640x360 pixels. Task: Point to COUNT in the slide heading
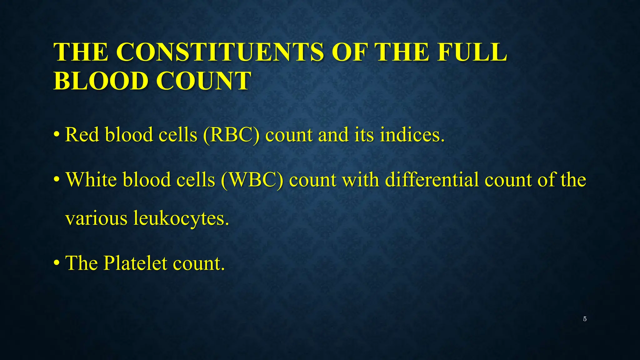[203, 81]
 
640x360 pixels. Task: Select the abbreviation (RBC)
[231, 135]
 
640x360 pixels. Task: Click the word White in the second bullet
[91, 180]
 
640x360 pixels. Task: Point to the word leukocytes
[181, 218]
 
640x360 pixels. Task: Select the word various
[96, 218]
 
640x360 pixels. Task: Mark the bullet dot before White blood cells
[57, 180]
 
